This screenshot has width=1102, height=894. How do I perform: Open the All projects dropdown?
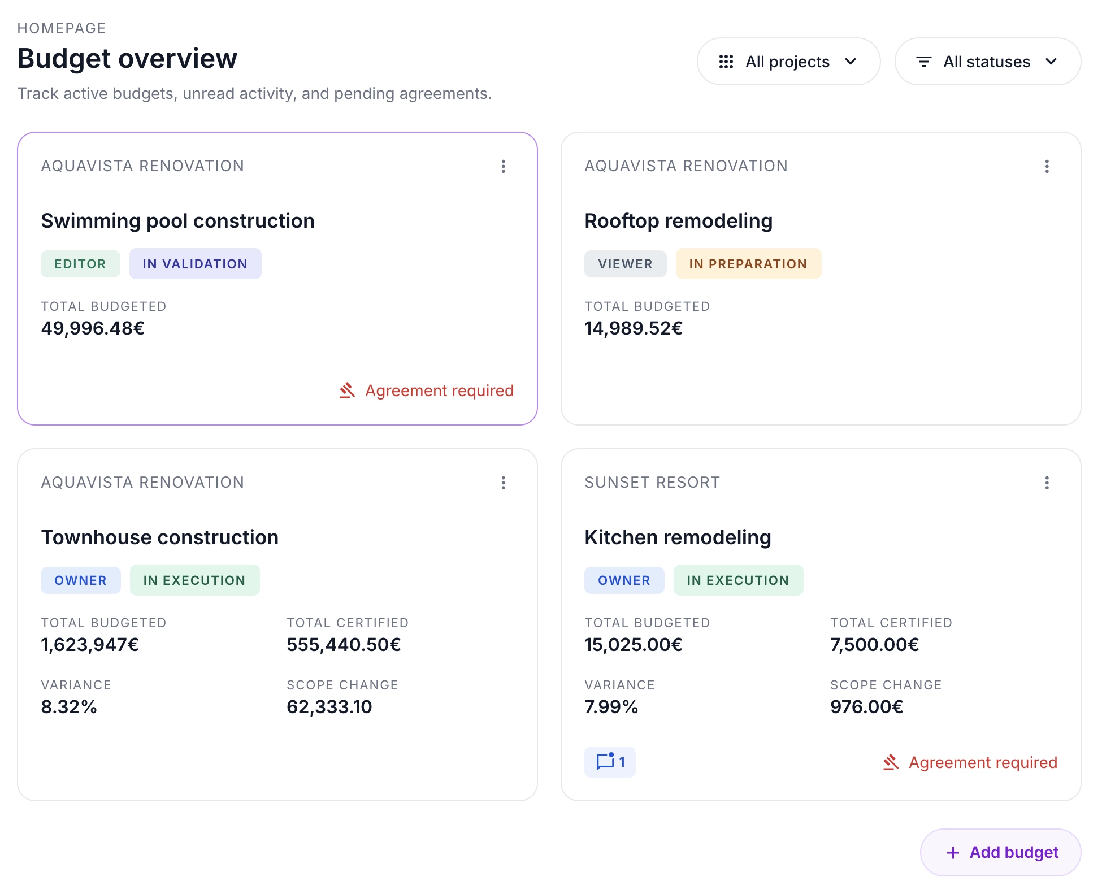coord(788,62)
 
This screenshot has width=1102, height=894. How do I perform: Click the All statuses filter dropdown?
coord(987,62)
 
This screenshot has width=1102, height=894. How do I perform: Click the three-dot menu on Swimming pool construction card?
coord(503,166)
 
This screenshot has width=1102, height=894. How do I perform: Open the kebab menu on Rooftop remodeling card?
coord(1047,166)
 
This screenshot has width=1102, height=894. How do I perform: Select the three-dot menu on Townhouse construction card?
coord(503,483)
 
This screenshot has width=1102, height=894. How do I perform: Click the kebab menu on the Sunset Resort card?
coord(1047,483)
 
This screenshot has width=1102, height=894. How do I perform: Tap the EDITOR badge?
coord(80,264)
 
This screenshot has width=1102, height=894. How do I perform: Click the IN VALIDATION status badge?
coord(195,264)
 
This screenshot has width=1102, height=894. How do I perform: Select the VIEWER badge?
coord(625,264)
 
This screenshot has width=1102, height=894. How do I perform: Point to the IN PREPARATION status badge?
coord(748,264)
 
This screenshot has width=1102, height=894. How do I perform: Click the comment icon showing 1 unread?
coord(610,762)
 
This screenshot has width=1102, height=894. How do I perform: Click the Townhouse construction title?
coord(160,537)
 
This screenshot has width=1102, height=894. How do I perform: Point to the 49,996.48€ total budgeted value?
coord(93,328)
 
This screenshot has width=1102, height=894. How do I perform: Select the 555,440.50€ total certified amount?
coord(344,644)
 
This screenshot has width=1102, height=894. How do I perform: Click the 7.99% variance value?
coord(611,706)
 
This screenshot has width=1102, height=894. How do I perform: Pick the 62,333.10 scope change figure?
coord(329,706)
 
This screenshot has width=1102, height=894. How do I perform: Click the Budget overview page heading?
coord(127,58)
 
